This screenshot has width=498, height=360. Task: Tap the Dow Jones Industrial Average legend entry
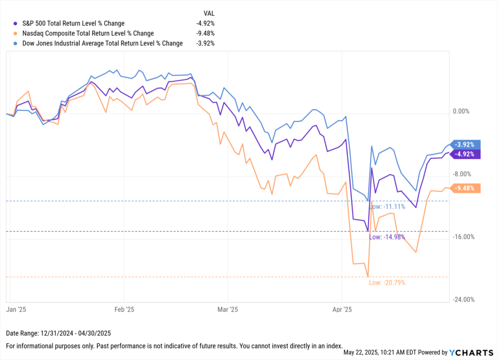click(100, 43)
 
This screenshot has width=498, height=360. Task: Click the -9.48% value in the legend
click(204, 33)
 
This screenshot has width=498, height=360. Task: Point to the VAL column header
click(208, 13)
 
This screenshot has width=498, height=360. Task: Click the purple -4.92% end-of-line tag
click(465, 154)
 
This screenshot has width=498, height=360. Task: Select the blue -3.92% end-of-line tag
click(465, 144)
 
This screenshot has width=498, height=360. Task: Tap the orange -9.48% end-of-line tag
click(465, 188)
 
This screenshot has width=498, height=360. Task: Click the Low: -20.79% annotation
click(387, 283)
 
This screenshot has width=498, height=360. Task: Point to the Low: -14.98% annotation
click(387, 237)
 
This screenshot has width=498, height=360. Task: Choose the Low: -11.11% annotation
click(387, 207)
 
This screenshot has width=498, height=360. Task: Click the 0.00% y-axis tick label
click(461, 111)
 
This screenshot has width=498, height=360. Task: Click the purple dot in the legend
click(16, 23)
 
